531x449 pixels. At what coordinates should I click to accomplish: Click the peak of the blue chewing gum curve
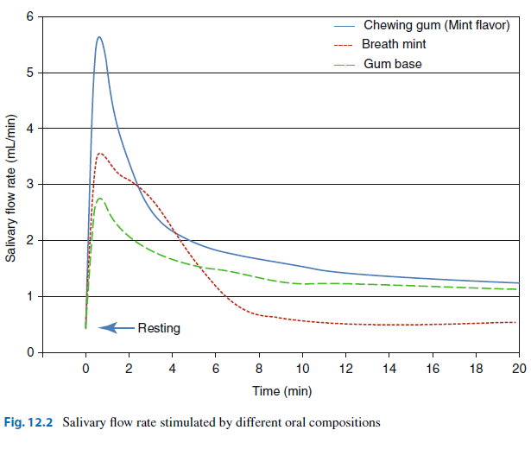99,37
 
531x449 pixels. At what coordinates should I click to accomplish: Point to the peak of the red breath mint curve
99,154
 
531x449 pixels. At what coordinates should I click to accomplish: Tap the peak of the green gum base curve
99,199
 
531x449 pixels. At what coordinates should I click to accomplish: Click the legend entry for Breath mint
394,44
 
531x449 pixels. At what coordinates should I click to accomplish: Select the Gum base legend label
393,64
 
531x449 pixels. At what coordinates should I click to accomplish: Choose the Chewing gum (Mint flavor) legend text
437,25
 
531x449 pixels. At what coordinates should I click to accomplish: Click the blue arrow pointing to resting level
117,328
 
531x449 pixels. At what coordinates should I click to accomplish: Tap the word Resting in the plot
159,328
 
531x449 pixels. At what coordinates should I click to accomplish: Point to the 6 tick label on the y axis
30,16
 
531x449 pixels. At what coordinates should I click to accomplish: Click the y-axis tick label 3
30,184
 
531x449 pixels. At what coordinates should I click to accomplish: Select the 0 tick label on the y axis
30,352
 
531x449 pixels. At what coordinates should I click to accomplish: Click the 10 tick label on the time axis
302,369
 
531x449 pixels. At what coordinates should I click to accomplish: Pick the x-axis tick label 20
519,369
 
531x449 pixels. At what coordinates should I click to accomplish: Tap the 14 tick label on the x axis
389,369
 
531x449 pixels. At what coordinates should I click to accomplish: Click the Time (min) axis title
281,391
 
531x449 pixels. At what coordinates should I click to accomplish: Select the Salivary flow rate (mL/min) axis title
11,188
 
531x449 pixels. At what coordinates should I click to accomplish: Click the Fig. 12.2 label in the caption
28,422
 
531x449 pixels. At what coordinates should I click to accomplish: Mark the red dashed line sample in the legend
344,45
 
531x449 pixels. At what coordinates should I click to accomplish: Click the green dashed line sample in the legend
344,65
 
